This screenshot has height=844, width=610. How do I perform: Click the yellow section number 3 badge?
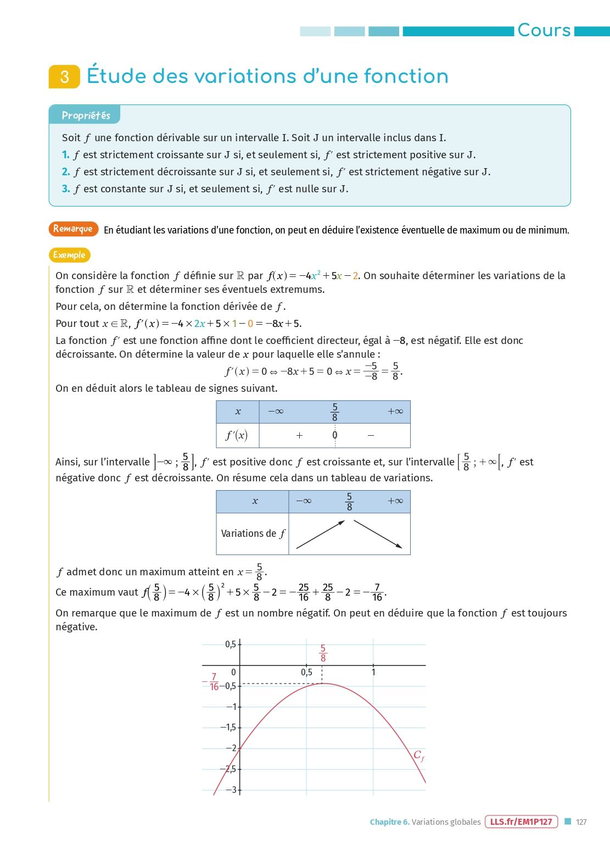point(64,76)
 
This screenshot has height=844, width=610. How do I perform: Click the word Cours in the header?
point(544,30)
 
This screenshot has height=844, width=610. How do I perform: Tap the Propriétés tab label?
point(86,115)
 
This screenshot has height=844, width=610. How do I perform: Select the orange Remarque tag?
point(73,229)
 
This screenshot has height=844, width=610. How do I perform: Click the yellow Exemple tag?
point(69,255)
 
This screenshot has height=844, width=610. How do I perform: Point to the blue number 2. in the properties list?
point(66,172)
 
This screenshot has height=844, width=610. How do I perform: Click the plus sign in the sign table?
point(299,435)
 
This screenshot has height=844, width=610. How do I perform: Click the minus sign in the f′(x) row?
point(371,435)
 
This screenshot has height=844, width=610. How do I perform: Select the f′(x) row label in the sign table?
point(237,435)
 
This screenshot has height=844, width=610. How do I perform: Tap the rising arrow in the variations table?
point(320,534)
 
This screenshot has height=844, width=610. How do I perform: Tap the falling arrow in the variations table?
point(378,534)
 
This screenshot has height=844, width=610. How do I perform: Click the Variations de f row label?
point(253,534)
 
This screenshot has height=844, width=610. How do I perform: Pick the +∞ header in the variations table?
point(395,501)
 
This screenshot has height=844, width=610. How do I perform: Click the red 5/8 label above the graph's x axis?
point(323,653)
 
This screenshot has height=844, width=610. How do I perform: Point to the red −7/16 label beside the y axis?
point(212,682)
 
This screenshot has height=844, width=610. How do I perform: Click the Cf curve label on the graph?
point(418,756)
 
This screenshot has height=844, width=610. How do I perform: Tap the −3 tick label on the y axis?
point(232,790)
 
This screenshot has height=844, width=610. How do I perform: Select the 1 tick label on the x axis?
point(373,672)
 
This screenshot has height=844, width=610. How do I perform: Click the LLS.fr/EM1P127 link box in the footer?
point(521,821)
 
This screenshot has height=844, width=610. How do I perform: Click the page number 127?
point(581,822)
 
